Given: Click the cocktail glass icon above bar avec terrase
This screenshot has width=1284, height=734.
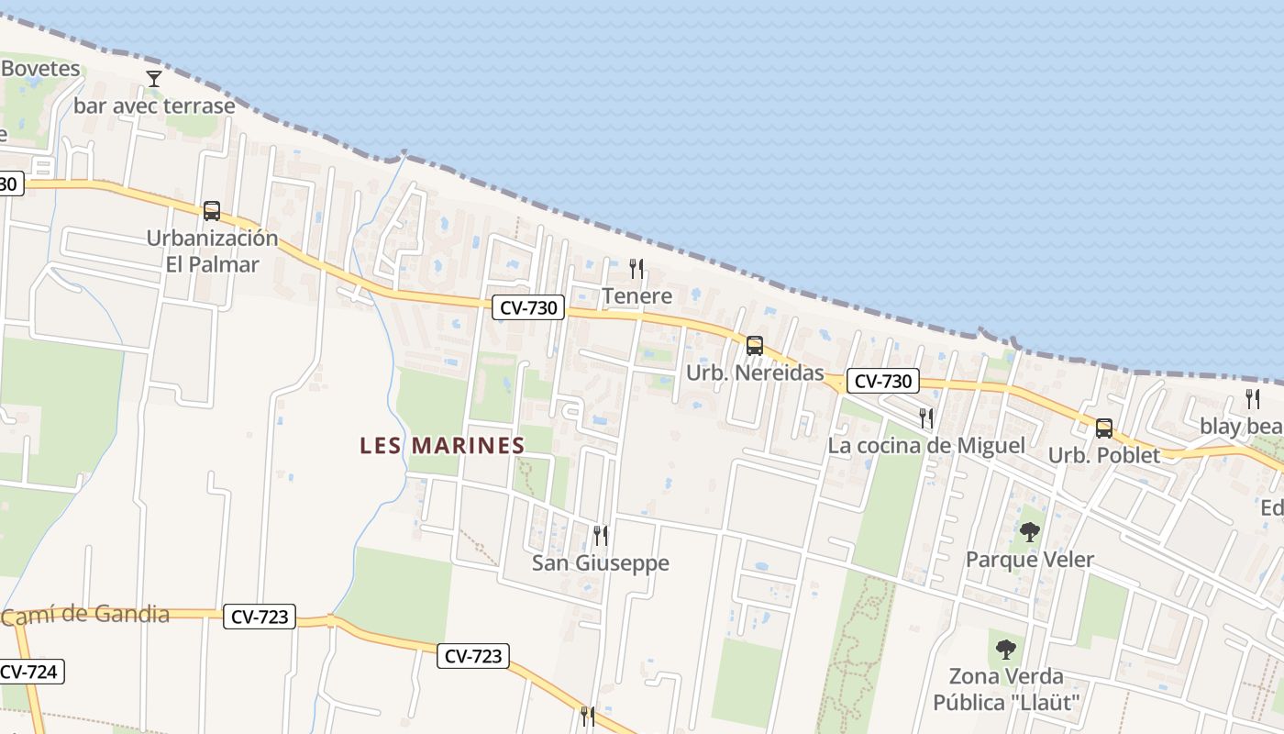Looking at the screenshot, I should pyautogui.click(x=154, y=79).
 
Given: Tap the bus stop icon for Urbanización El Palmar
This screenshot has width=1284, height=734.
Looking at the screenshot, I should pyautogui.click(x=212, y=211).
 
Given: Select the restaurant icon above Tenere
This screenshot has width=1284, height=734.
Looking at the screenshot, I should pyautogui.click(x=636, y=269).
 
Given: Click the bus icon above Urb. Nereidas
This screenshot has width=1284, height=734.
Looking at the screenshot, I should pyautogui.click(x=755, y=346).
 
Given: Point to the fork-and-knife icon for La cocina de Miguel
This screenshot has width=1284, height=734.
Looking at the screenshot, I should pyautogui.click(x=926, y=418).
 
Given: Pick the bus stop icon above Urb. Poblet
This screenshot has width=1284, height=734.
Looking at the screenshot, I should pyautogui.click(x=1104, y=428).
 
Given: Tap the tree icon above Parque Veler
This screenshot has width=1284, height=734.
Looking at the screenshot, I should pyautogui.click(x=1030, y=532).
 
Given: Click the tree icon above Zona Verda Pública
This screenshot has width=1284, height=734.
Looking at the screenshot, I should pyautogui.click(x=1006, y=650).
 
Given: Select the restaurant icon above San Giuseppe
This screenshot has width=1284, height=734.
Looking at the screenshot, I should pyautogui.click(x=601, y=535).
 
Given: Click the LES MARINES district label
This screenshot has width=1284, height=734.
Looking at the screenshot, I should pyautogui.click(x=442, y=446).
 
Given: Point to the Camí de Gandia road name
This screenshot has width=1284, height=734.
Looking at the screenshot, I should pyautogui.click(x=85, y=616).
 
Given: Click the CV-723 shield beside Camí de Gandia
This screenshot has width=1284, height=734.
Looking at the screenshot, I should pyautogui.click(x=260, y=617).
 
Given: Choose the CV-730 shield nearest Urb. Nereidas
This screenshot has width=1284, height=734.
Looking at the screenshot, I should pyautogui.click(x=882, y=382).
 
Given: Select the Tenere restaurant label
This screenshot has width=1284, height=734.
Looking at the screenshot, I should pyautogui.click(x=636, y=296).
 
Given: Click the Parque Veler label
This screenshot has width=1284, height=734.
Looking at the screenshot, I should pyautogui.click(x=1030, y=560).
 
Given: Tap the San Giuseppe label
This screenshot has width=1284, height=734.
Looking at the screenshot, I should pyautogui.click(x=601, y=563).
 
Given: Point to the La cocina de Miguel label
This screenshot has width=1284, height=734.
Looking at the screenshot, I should pyautogui.click(x=926, y=446).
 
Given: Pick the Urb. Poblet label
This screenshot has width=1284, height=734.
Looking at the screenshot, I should pyautogui.click(x=1104, y=455).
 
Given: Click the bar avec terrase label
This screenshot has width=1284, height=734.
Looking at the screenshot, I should pyautogui.click(x=154, y=106).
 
